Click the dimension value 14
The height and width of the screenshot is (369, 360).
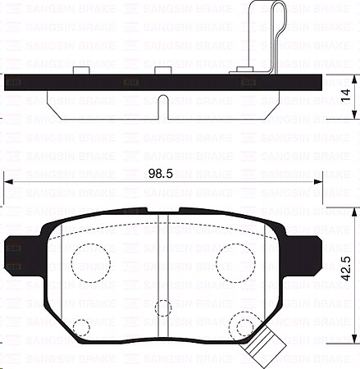[x=348, y=96]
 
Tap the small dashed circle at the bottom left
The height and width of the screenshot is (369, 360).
[x=80, y=328]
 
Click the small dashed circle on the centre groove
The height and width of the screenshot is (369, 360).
[x=162, y=307]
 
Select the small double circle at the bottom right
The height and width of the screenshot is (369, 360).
[x=244, y=327]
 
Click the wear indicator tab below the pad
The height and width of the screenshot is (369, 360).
[x=264, y=351]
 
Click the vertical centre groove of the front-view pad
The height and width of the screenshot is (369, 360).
[x=162, y=271]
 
